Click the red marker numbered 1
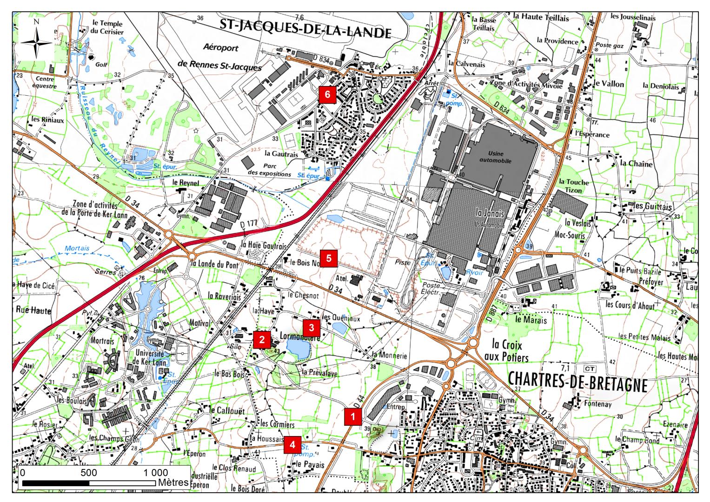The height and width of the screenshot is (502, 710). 353,416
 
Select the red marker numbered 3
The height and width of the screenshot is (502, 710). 312,327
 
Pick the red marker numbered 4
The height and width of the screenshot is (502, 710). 292,444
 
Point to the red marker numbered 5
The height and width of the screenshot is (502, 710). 329,258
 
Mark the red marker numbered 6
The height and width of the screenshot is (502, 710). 327,94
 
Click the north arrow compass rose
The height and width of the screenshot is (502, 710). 36,42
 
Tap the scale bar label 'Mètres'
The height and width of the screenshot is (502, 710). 173,482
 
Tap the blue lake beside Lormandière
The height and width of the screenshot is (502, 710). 298,348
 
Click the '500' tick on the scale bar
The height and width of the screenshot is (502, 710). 88,473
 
